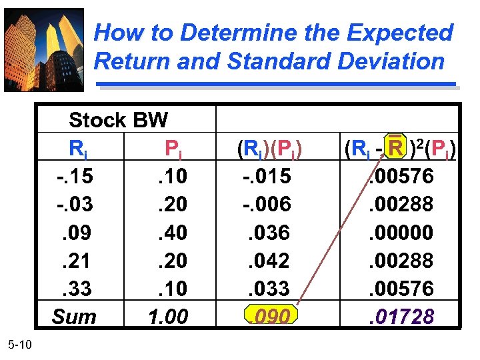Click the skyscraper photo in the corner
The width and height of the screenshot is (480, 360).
point(44,49)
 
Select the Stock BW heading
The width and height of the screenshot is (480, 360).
point(118,121)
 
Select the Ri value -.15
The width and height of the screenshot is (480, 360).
point(75,176)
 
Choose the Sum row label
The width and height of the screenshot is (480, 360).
point(74,316)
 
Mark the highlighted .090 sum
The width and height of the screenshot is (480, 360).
point(271,316)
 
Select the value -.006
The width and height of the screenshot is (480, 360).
point(266,204)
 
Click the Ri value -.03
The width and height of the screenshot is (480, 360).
point(75,204)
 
